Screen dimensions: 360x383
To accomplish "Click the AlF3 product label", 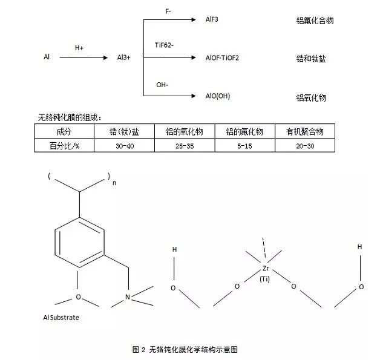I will tap(213, 19).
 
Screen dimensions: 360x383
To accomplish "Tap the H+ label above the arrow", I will tap(79, 47).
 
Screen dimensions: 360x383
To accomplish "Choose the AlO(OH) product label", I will tap(218, 96).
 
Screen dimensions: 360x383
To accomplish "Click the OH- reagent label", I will tap(162, 84).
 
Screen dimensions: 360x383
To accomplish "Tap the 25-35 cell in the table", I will tap(185, 145).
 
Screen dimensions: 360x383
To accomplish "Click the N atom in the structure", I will tap(127, 296).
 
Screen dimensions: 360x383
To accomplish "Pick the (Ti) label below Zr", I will tap(264, 279).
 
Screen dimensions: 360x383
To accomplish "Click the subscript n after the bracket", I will tap(114, 183).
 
